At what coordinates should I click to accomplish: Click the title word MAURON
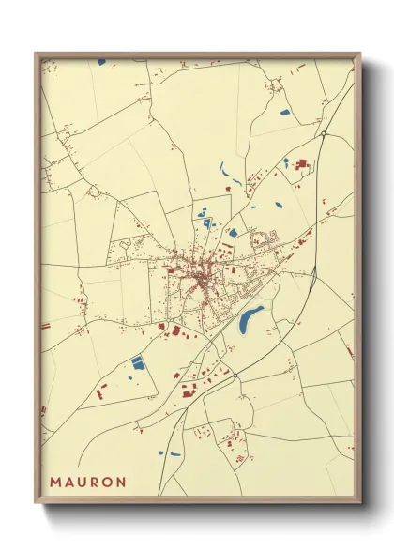(87, 482)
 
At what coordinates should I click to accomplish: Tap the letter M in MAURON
(54, 482)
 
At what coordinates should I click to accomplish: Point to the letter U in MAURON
(81, 482)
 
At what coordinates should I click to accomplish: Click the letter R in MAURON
(93, 482)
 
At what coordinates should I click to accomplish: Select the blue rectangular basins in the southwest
(139, 362)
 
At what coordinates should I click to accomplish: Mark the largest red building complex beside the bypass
(302, 165)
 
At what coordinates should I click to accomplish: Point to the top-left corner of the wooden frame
(36, 53)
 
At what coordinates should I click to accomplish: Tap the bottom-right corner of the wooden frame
(361, 503)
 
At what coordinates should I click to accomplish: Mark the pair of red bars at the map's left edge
(44, 325)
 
